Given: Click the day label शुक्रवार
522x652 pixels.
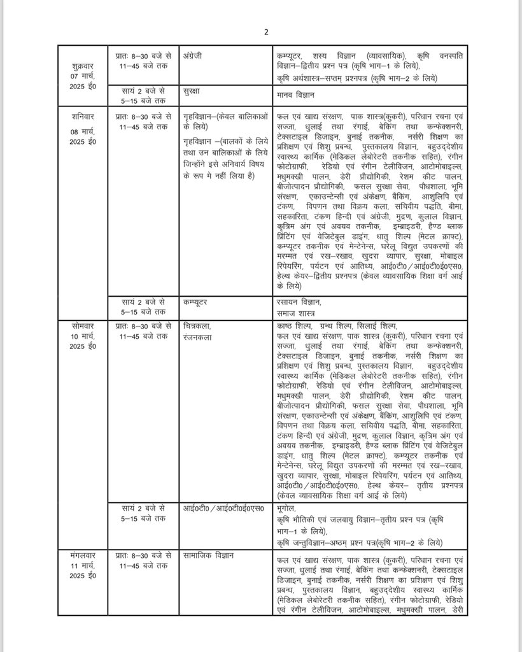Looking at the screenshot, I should (x=81, y=66).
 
